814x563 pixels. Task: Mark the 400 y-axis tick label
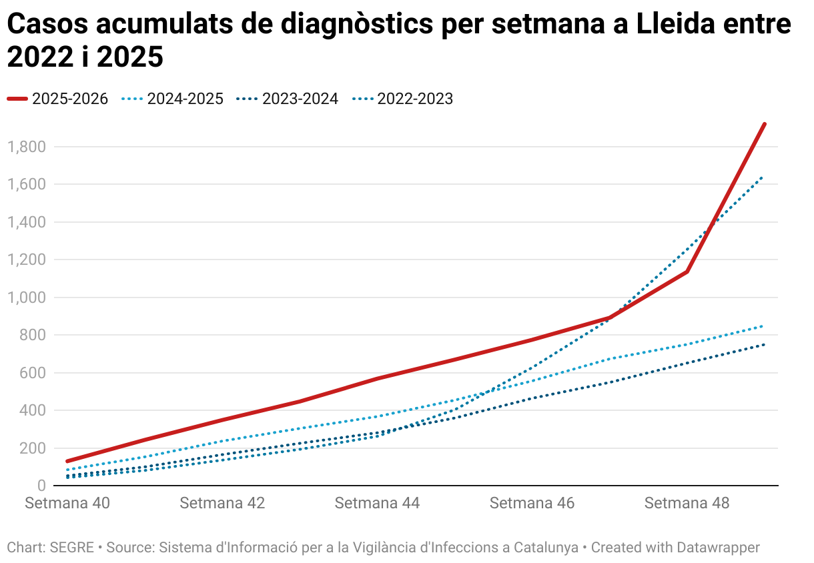pos(33,410)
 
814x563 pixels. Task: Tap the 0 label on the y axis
pos(41,485)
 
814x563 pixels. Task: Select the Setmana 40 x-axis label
pos(67,503)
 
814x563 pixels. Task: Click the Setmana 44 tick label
pos(377,503)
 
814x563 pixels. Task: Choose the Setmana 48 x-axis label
pos(687,503)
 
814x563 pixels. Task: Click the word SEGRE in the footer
pos(72,548)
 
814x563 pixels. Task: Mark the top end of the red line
pos(765,124)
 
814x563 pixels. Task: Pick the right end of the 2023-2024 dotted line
pos(764,344)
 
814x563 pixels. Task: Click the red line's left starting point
pos(67,461)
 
